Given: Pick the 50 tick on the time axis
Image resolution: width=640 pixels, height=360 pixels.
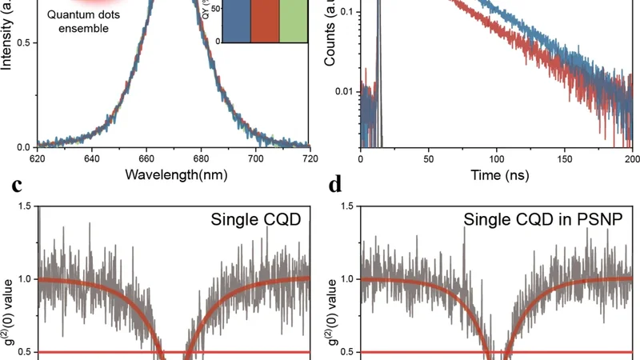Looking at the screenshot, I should [429, 160].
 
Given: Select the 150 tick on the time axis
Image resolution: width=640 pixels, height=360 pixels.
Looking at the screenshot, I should [565, 160].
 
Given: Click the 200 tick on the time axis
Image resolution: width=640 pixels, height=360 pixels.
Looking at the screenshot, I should [632, 160].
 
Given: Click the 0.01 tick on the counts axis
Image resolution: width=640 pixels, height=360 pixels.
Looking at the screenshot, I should [343, 92].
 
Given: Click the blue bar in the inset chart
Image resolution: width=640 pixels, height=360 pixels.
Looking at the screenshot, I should [246, 22].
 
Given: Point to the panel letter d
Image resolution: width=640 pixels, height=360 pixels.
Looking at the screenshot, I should [335, 186].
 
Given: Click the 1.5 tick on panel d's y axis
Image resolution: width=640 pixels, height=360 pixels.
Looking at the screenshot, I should [349, 206].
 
